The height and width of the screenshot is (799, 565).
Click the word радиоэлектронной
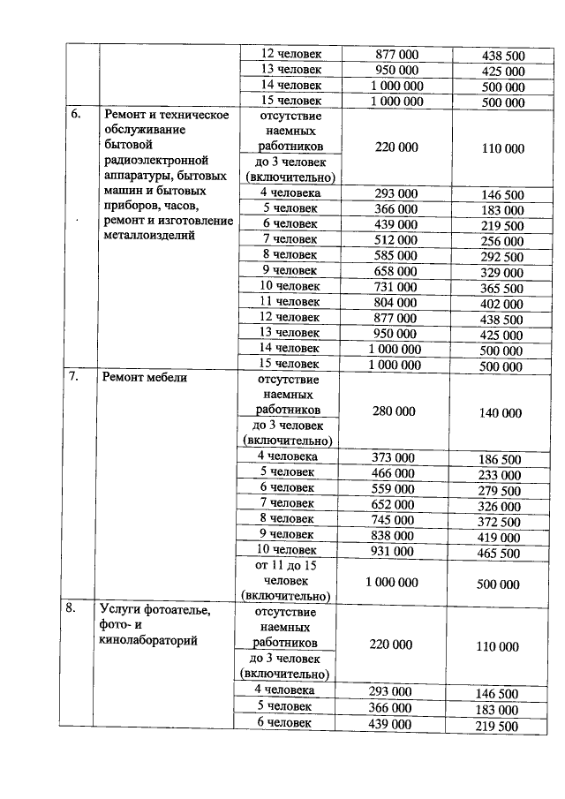tap(156, 161)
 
